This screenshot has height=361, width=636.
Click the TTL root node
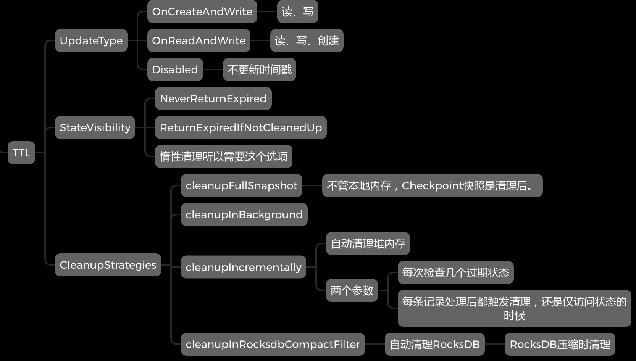coord(21,153)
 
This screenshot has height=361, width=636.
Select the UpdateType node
coord(91,40)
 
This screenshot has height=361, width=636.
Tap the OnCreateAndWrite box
coord(202,11)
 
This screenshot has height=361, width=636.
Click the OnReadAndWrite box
coord(199,40)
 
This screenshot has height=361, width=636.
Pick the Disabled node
coord(175,69)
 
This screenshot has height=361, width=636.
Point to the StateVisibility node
coord(95,127)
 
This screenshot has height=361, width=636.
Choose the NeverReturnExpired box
coord(213,98)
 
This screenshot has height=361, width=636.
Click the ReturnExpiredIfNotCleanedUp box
coord(241,127)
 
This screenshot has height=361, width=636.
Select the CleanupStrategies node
coord(108,265)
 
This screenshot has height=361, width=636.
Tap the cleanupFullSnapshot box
coord(241,185)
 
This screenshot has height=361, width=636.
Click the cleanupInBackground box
coord(244,214)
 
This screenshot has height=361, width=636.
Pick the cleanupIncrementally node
coord(243,267)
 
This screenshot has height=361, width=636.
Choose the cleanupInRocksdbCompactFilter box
coord(273,344)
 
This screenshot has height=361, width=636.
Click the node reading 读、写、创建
coord(307,40)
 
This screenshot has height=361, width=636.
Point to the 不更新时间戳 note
coord(259,69)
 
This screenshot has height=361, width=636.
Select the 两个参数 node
coord(352,291)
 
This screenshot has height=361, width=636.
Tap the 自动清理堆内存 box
coord(368,243)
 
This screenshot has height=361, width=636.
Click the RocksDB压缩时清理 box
coord(560,344)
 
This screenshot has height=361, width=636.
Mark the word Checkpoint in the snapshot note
coord(432,185)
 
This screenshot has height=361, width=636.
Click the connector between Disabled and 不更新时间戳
coord(213,69)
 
